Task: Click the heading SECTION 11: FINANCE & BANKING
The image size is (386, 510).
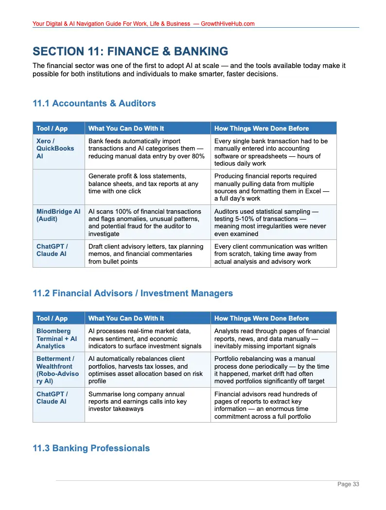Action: [130, 51]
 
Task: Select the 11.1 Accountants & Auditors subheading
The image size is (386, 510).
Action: [94, 103]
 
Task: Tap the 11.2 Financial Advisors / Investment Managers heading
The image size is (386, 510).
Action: [132, 293]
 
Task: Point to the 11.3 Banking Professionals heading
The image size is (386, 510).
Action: [91, 448]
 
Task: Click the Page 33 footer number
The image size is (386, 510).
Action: [349, 484]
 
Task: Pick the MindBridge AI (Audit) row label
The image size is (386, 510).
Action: [58, 215]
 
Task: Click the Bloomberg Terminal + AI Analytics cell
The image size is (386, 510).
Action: [56, 339]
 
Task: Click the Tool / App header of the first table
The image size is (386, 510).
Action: [52, 129]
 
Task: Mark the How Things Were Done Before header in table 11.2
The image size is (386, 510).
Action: [261, 319]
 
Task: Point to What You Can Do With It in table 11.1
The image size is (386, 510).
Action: [126, 129]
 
